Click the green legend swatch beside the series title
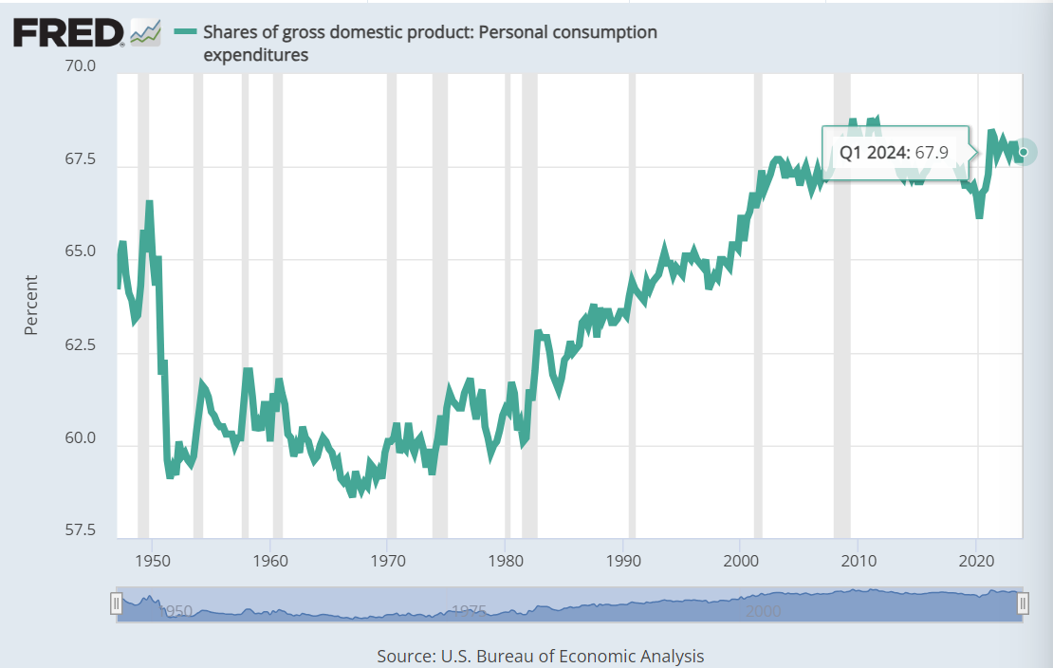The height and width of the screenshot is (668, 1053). [185, 32]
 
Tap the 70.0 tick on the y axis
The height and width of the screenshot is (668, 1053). [80, 66]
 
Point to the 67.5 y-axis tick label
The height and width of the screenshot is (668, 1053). [80, 159]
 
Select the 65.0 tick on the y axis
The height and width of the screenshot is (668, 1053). [80, 252]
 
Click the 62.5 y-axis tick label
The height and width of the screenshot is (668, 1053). [80, 345]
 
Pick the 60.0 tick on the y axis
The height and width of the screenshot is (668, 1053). [80, 438]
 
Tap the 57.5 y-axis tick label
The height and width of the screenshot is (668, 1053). [80, 530]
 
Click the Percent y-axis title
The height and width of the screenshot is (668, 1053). [31, 305]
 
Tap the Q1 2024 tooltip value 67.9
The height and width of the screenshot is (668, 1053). [932, 152]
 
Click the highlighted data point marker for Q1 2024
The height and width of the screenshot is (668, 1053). [1023, 152]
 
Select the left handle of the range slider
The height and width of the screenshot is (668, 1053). [116, 604]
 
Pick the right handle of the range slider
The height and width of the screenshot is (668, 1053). [1024, 604]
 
